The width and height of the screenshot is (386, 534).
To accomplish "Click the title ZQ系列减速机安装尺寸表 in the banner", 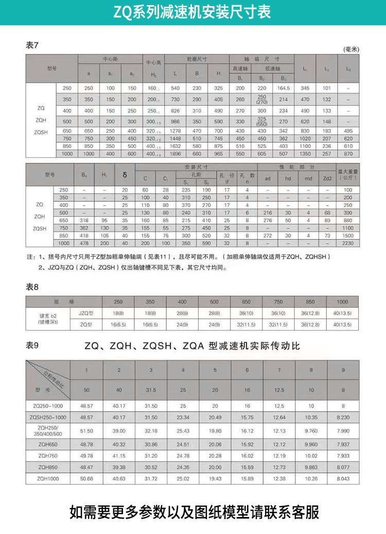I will pos(192,11).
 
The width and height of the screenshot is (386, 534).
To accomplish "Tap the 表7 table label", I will pos(32,45).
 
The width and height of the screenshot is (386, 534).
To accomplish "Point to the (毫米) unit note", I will pos(351,49).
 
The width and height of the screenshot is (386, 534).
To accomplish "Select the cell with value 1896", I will pos(176,154).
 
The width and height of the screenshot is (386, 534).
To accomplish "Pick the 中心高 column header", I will pos(153,63).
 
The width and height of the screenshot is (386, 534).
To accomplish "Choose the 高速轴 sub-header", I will pos(240,68).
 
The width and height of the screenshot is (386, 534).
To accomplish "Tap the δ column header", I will pos(125,175).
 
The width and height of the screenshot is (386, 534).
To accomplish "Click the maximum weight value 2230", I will pos(348,243).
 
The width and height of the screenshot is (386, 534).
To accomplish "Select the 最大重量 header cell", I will pos(348,175).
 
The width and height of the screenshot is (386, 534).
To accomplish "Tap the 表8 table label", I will pos(32,287).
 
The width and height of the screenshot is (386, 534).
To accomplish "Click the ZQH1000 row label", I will pos(48,478).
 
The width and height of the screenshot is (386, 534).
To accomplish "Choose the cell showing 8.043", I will pos(343,478).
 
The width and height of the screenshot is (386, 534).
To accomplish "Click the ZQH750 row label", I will pos(48,455).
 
